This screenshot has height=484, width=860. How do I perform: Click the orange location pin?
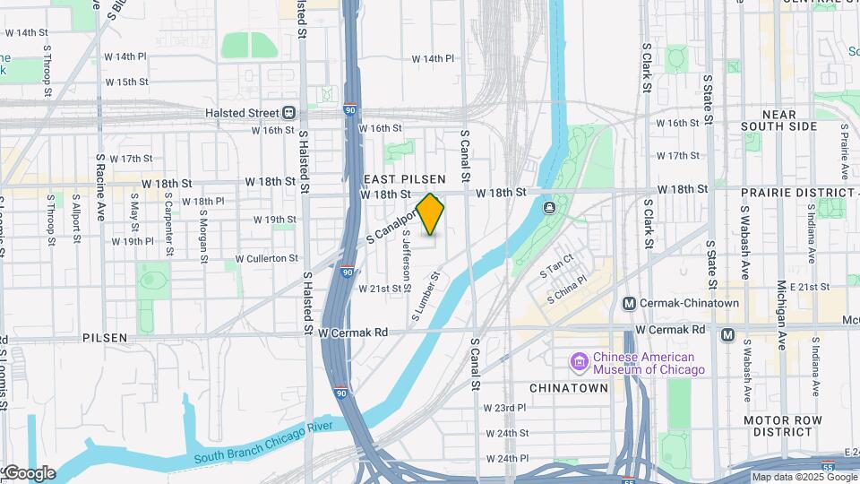430,214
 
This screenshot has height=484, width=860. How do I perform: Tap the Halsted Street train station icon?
289,113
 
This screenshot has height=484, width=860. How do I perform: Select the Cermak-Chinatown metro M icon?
630,304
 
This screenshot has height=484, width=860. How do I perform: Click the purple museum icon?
579,362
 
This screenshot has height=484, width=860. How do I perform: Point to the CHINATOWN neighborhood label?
569,388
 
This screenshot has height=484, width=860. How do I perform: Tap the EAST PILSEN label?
406,179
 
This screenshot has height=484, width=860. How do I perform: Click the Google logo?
29,473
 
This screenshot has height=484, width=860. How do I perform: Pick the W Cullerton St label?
264,258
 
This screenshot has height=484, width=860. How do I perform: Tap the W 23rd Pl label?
504,408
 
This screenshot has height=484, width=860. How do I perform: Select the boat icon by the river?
548,209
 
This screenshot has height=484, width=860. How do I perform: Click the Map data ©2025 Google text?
804,478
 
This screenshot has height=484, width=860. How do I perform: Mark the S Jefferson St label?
406,260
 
